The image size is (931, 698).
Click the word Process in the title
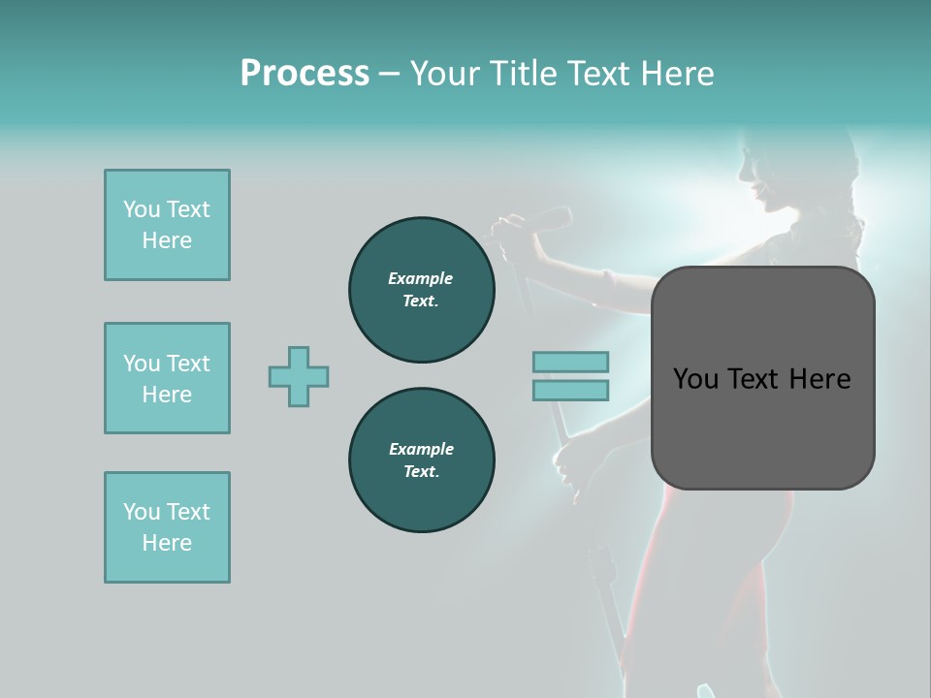tap(305, 74)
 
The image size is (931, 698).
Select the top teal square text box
tap(167, 225)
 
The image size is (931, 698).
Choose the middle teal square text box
tap(167, 378)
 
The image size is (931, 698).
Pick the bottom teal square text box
tap(167, 527)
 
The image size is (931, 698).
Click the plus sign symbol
tap(299, 376)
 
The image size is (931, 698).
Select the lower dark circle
tap(421, 460)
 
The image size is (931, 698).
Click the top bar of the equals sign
tap(570, 362)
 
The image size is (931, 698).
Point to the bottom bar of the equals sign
tap(570, 391)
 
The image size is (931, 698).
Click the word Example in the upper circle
tap(421, 278)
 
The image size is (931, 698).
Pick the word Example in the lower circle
tap(421, 449)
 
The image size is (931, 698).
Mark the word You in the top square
tap(142, 209)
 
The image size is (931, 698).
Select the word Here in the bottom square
tap(167, 543)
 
